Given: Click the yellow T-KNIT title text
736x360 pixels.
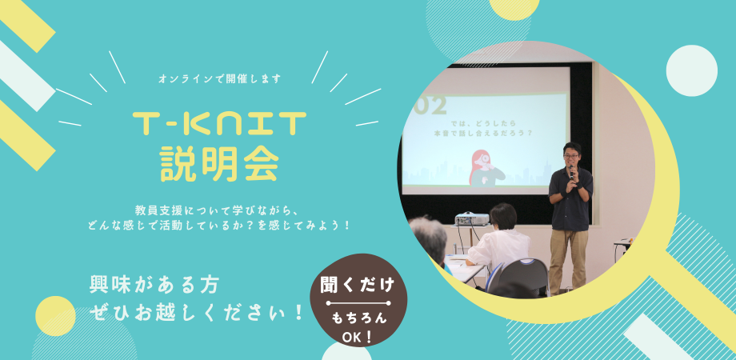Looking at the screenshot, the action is pyautogui.click(x=220, y=124).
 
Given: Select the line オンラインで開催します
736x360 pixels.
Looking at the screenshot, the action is pyautogui.click(x=220, y=79).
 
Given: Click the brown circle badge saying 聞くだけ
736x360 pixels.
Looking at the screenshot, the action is pyautogui.click(x=358, y=300).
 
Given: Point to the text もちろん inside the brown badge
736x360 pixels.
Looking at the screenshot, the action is pyautogui.click(x=359, y=318).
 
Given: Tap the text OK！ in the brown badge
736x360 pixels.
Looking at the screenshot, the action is pyautogui.click(x=358, y=338).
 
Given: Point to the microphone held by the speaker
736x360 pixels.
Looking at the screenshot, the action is pyautogui.click(x=571, y=172).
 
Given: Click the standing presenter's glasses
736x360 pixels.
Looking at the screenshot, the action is pyautogui.click(x=570, y=156).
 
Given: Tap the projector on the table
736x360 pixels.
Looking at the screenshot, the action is pyautogui.click(x=472, y=218).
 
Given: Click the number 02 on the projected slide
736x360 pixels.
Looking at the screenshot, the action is pyautogui.click(x=431, y=106).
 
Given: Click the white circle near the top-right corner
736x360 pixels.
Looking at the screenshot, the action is pyautogui.click(x=691, y=71).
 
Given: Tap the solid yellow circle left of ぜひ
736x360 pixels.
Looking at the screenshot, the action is pyautogui.click(x=55, y=316).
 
